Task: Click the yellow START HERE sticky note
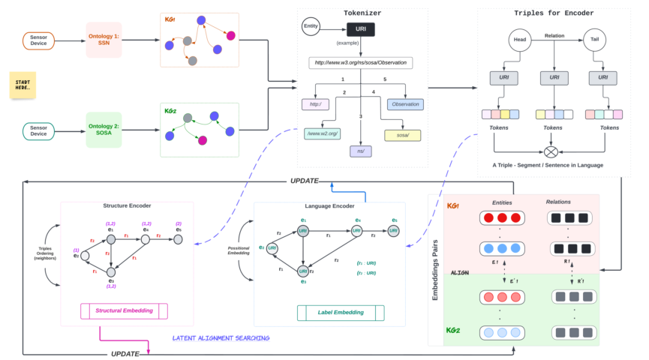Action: [x=23, y=86]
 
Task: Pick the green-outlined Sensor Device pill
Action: [x=38, y=130]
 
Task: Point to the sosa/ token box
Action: [x=402, y=136]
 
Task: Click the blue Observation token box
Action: [x=405, y=104]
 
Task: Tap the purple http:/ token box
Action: [x=316, y=104]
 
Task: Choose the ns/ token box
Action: [x=361, y=151]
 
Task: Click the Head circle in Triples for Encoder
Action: [x=521, y=40]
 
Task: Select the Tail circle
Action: [x=593, y=40]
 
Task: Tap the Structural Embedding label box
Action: [x=125, y=310]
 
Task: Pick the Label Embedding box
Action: [x=341, y=312]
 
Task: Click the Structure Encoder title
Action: [x=126, y=205]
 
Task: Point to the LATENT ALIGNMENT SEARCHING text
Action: [x=221, y=338]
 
